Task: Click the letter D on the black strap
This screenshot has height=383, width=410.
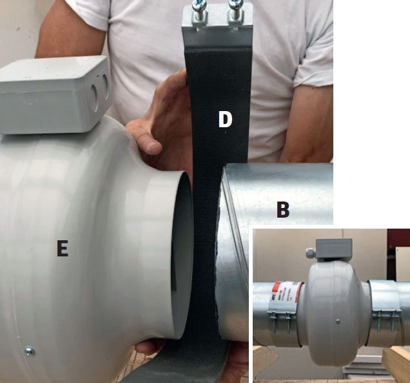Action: click(225, 119)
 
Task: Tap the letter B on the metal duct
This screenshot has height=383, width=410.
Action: click(283, 209)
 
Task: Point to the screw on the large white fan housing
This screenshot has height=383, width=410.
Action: click(29, 351)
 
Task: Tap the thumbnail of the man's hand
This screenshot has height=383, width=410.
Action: click(153, 146)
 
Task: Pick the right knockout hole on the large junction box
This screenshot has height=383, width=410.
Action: click(106, 84)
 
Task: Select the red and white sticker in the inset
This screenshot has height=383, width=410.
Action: click(285, 293)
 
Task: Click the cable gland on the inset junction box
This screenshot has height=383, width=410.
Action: click(311, 253)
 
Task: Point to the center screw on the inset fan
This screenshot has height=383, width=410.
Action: click(338, 321)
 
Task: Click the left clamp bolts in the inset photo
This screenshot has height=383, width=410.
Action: click(280, 321)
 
